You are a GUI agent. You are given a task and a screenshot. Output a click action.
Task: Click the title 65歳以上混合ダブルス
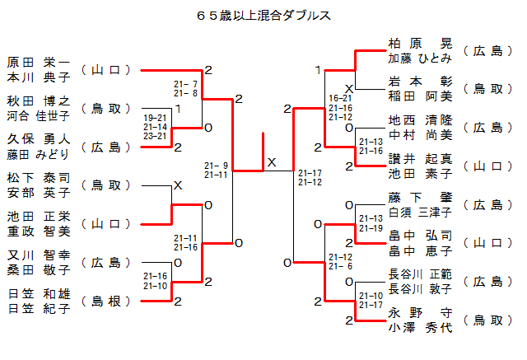click(x=263, y=15)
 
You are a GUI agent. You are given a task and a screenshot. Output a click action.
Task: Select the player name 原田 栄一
click(x=39, y=62)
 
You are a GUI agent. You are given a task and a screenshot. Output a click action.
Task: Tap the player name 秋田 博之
click(x=39, y=101)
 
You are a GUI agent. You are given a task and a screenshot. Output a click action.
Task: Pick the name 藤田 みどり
click(x=39, y=154)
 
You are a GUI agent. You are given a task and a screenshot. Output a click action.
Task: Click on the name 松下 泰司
click(x=39, y=177)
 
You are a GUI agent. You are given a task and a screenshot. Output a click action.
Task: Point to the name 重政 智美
click(x=39, y=231)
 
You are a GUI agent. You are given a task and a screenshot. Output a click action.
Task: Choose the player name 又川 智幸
click(x=39, y=255)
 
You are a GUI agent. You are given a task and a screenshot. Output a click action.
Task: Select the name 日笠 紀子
click(x=39, y=309)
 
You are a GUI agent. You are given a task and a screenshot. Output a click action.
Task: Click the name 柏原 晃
click(x=420, y=43)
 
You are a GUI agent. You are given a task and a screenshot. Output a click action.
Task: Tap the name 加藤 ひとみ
click(x=420, y=58)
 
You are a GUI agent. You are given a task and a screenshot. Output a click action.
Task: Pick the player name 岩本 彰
click(x=420, y=82)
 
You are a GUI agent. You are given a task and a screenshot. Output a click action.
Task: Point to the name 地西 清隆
click(x=420, y=120)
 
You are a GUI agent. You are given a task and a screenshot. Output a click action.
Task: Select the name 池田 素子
click(x=420, y=174)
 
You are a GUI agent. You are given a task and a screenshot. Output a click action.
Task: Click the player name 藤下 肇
click(x=420, y=198)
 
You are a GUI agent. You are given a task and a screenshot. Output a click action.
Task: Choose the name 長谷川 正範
click(x=420, y=274)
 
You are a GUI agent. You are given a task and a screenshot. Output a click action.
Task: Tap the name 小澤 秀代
click(x=420, y=327)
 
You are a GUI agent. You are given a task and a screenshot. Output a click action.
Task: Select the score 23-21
click(x=155, y=136)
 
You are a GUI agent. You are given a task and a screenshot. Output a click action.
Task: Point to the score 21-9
click(x=216, y=166)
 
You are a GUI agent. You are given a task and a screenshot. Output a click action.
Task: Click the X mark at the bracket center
click(x=272, y=163)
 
